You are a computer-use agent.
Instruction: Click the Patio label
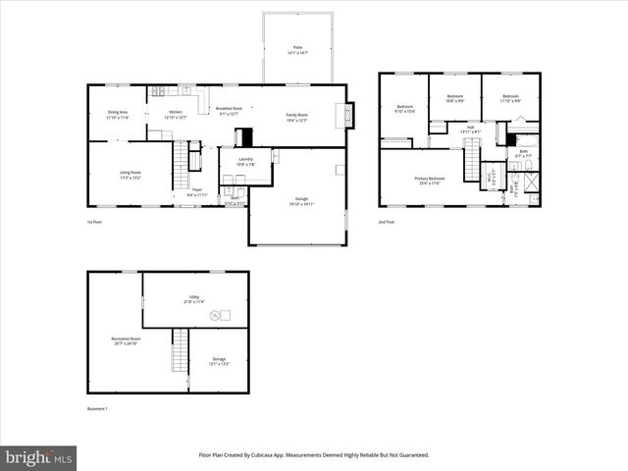point(297,49)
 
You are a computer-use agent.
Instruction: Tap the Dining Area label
point(117,115)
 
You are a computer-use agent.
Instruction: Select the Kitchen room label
point(176,115)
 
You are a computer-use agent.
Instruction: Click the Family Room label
point(297,118)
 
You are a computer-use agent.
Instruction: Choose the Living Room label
point(131,175)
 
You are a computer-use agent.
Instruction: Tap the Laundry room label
point(245,161)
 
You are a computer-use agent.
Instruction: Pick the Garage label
point(300,200)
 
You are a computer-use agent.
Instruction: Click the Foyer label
point(197,191)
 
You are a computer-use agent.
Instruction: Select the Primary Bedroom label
point(430,181)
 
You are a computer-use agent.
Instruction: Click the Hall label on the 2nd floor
point(470,128)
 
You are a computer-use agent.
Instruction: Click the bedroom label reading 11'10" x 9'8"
point(510,98)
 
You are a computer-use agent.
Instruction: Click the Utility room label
point(194,298)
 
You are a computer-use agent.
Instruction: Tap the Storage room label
point(218,361)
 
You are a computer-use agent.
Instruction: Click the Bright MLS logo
point(39,457)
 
